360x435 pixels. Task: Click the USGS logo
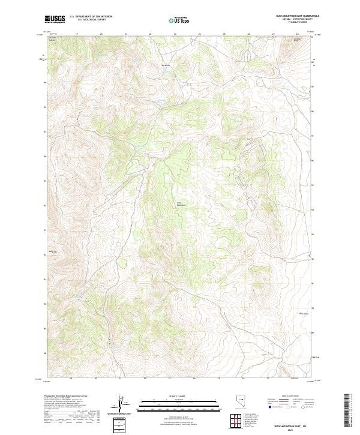tap(55, 19)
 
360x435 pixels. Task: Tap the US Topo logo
tap(180, 20)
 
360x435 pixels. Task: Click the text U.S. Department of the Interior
tap(91, 16)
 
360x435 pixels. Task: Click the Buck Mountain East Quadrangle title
tap(293, 15)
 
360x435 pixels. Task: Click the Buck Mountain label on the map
tap(179, 203)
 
